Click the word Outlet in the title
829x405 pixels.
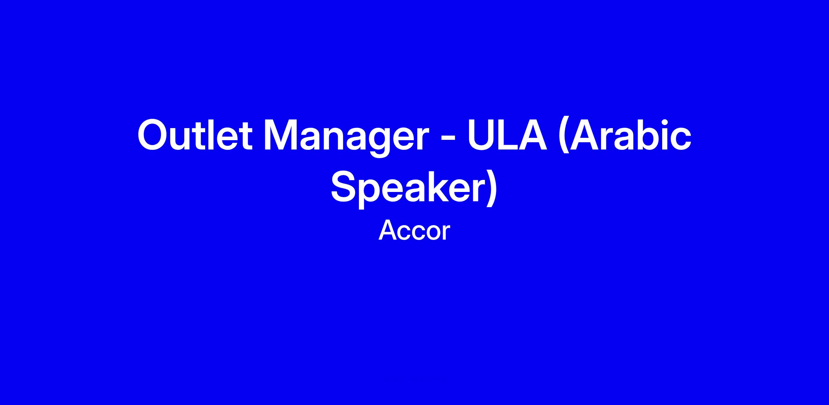click(x=194, y=135)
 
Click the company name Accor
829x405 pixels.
click(x=414, y=231)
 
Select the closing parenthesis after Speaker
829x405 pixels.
click(x=492, y=189)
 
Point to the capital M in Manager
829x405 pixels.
click(x=281, y=135)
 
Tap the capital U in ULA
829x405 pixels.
click(x=482, y=135)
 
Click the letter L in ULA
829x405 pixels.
click(x=508, y=135)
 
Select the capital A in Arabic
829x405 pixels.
click(x=584, y=135)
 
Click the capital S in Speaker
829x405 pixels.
click(x=345, y=187)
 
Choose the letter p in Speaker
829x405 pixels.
click(x=374, y=194)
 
